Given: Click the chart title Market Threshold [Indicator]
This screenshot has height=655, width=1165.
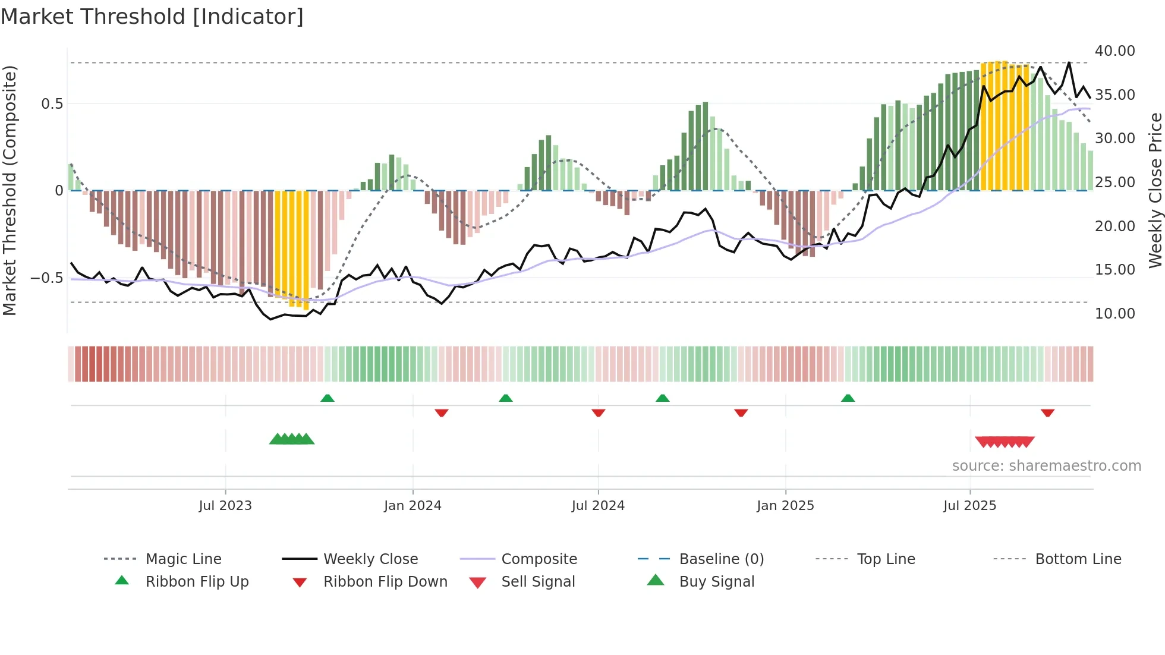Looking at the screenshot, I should [152, 17].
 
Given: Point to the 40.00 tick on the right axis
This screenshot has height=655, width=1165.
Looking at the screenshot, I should [1114, 51].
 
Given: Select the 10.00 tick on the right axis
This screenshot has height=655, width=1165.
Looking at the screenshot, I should [1114, 314].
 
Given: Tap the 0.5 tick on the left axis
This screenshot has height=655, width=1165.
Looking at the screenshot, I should [52, 104].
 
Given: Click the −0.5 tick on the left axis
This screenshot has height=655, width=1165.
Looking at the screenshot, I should [47, 278].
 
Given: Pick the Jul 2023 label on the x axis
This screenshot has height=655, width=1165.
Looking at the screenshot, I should [225, 506].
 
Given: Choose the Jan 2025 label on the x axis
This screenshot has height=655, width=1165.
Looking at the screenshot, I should [785, 506].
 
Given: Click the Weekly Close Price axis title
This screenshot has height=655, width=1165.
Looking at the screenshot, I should [1155, 190].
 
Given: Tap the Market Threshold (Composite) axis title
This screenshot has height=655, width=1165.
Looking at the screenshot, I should [10, 190].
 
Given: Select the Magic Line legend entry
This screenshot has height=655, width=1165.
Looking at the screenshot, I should [183, 559].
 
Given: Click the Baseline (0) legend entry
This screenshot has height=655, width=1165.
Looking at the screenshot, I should [721, 559].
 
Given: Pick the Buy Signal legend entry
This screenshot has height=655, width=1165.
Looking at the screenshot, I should [716, 582].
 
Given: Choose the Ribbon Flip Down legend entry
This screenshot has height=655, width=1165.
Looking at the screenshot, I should [385, 582].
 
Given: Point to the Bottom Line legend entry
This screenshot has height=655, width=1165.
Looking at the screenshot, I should [1078, 559].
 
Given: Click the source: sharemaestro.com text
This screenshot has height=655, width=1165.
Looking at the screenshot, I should [1046, 466].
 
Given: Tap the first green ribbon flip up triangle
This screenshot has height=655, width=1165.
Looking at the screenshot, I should [328, 398].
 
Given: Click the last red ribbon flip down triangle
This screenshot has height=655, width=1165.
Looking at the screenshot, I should [1047, 412].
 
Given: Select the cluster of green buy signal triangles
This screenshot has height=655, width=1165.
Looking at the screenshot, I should [291, 439].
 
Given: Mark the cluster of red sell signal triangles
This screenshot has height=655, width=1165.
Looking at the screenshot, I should [1005, 442].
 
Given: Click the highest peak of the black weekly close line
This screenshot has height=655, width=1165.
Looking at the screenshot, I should [1069, 62].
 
